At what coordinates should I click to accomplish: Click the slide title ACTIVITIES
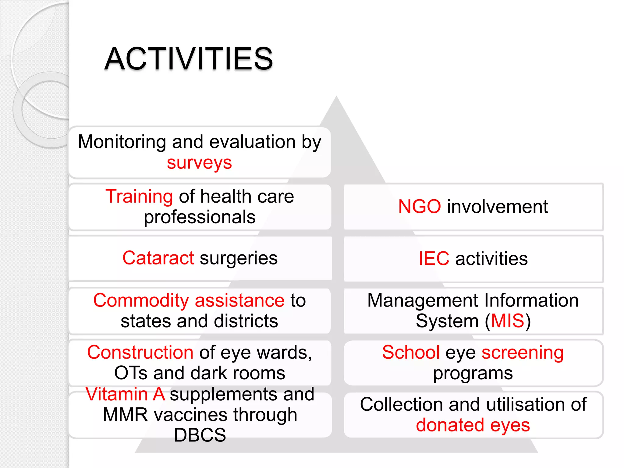[189, 59]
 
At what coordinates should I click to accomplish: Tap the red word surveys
[199, 163]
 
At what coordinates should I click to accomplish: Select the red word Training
[139, 196]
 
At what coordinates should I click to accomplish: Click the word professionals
[200, 217]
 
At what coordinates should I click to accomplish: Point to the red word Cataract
[158, 258]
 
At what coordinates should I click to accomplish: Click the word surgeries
[239, 258]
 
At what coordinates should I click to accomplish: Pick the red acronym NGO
[419, 207]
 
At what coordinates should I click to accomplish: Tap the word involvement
[497, 207]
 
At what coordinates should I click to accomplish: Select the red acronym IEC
[434, 259]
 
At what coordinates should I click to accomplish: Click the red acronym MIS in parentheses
[507, 321]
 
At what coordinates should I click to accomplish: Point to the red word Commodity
[141, 300]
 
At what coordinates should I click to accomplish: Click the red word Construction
[140, 353]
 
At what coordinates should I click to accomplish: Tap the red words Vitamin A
[125, 394]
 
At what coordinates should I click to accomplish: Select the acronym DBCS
[200, 435]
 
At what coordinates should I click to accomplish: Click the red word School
[411, 353]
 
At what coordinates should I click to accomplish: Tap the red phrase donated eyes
[473, 425]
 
